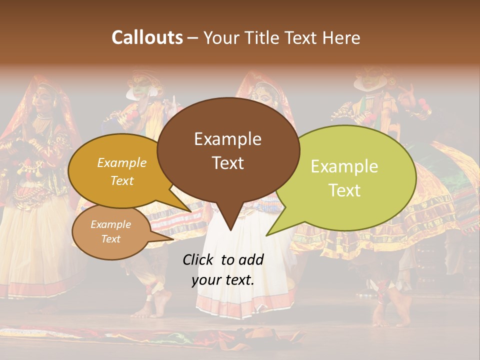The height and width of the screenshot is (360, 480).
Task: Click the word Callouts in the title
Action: click(147, 37)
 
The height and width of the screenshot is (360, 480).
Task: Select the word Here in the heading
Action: click(341, 37)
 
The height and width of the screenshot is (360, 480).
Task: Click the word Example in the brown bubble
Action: click(227, 139)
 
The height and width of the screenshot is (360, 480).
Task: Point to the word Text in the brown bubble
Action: click(227, 163)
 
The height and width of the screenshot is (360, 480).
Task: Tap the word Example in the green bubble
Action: click(344, 166)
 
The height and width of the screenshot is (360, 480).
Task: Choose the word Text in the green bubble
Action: click(344, 190)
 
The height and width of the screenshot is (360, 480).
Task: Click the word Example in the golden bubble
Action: click(122, 162)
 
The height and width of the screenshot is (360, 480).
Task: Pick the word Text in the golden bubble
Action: click(122, 180)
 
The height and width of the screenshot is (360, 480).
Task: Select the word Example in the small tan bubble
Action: click(111, 224)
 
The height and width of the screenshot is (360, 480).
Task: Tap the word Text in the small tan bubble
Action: click(111, 239)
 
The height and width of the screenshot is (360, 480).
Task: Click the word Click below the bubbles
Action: click(198, 259)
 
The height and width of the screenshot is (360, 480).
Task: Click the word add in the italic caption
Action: click(251, 259)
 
